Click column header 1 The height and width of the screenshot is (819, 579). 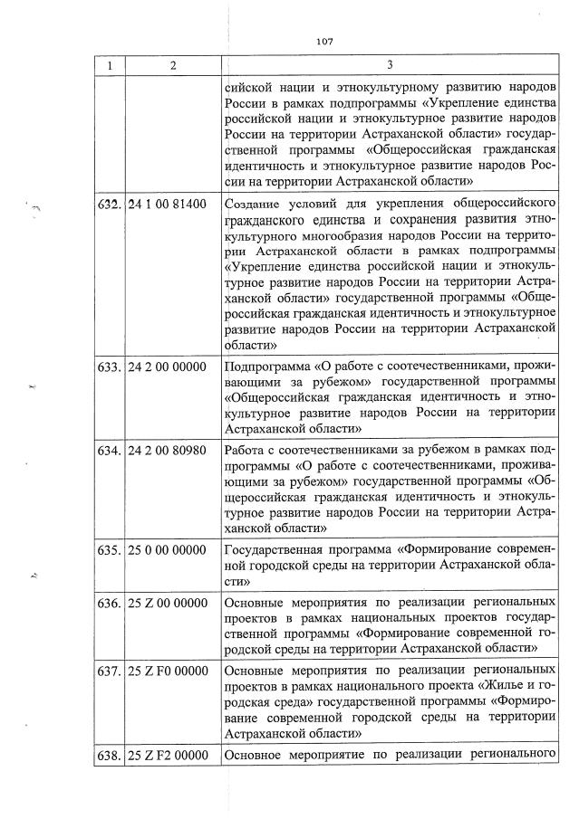[x=110, y=65]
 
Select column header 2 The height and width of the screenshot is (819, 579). [x=171, y=65]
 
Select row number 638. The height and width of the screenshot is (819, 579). [x=110, y=755]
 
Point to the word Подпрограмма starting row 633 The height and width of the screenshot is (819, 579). [x=266, y=367]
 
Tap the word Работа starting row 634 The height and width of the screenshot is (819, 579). [x=245, y=450]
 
